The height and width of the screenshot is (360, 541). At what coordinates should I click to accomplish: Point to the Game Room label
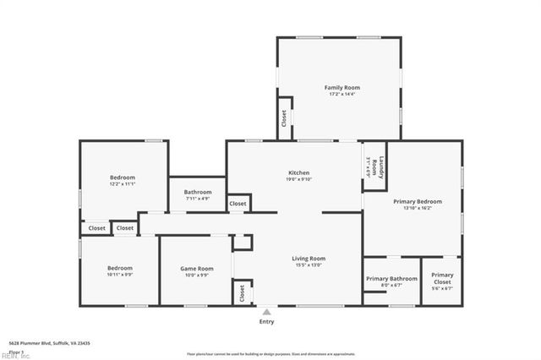(x=194, y=269)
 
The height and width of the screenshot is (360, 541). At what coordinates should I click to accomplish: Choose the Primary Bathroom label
(x=391, y=278)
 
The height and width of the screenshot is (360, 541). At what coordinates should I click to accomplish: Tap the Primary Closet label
(x=442, y=278)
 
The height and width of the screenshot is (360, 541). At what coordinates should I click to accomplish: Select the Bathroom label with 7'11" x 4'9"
(x=198, y=192)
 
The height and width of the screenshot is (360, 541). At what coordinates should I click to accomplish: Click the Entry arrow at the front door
(x=266, y=311)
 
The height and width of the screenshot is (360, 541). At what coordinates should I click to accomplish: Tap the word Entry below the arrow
(x=266, y=322)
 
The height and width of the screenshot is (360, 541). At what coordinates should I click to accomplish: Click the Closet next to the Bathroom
(x=238, y=204)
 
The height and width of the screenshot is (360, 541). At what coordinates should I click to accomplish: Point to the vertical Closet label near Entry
(x=242, y=292)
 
